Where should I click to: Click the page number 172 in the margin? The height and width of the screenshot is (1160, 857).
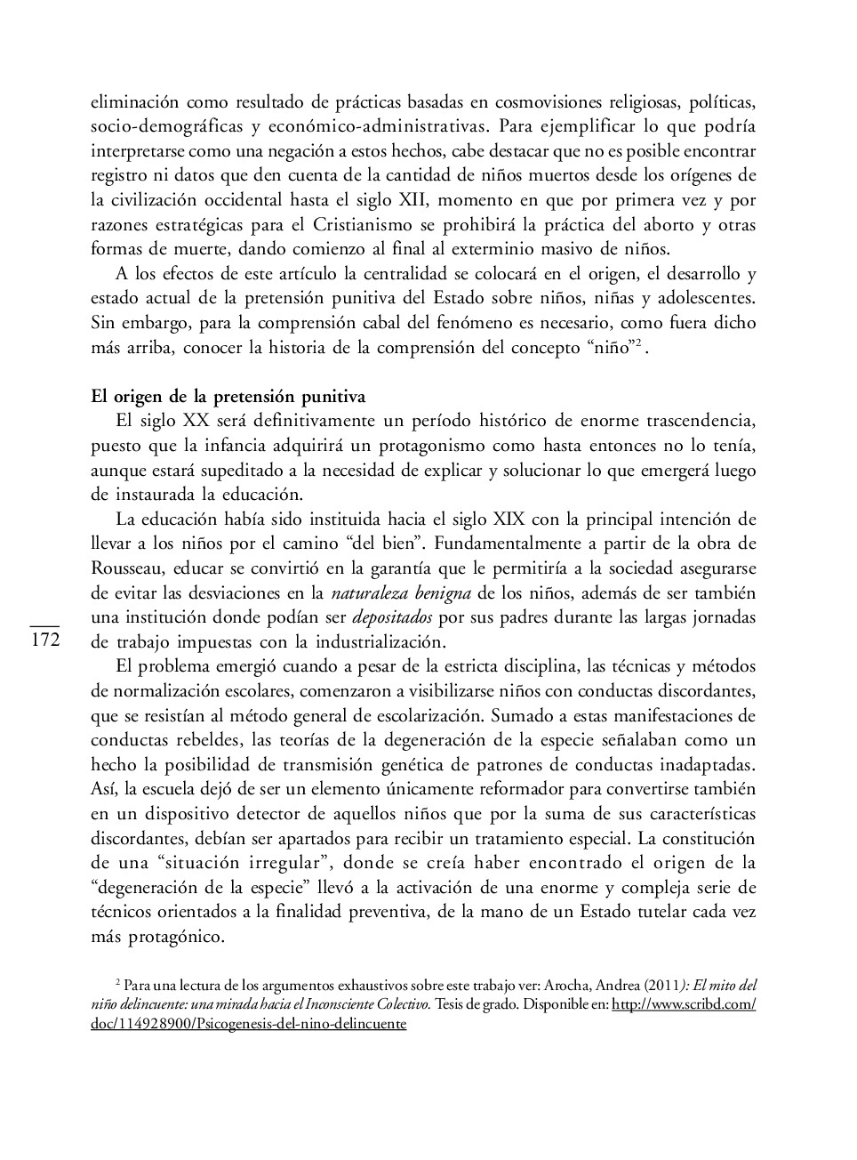tap(44, 640)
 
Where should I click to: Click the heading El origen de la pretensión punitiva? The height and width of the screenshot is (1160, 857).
tap(228, 397)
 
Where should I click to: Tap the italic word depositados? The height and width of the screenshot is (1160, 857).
tap(392, 617)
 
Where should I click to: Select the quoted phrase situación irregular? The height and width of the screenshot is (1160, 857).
tap(244, 863)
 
